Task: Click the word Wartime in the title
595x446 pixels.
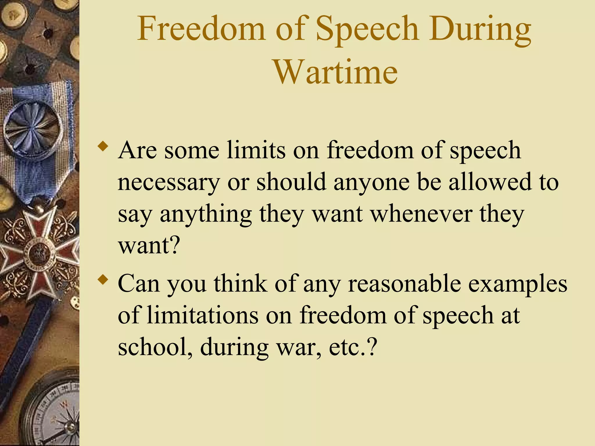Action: pos(336,71)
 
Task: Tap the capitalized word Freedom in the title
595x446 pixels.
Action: pos(201,29)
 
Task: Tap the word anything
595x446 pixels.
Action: pos(206,214)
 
